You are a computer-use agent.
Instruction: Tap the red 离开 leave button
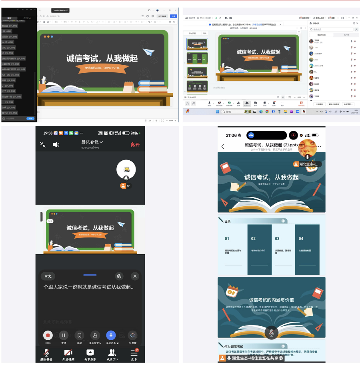pos(135,145)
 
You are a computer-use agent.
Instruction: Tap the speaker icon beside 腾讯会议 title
pos(56,145)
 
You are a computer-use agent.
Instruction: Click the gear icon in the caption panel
pos(119,276)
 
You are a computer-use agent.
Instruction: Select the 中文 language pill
pos(48,276)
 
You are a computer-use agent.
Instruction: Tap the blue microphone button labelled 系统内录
pos(111,335)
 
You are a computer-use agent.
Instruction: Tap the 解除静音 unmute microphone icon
pos(46,353)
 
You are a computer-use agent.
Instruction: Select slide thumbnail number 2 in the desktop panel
pos(197,58)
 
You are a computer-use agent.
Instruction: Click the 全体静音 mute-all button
pos(319,104)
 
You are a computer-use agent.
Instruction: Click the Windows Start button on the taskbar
pos(217,112)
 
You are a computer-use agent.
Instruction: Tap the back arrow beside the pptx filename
pos(223,147)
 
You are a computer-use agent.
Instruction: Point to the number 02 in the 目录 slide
pos(253,239)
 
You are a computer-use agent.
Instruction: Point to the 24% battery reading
pos(134,133)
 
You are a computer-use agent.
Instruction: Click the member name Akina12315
pos(319,66)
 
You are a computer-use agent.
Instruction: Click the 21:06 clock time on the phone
pos(231,136)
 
